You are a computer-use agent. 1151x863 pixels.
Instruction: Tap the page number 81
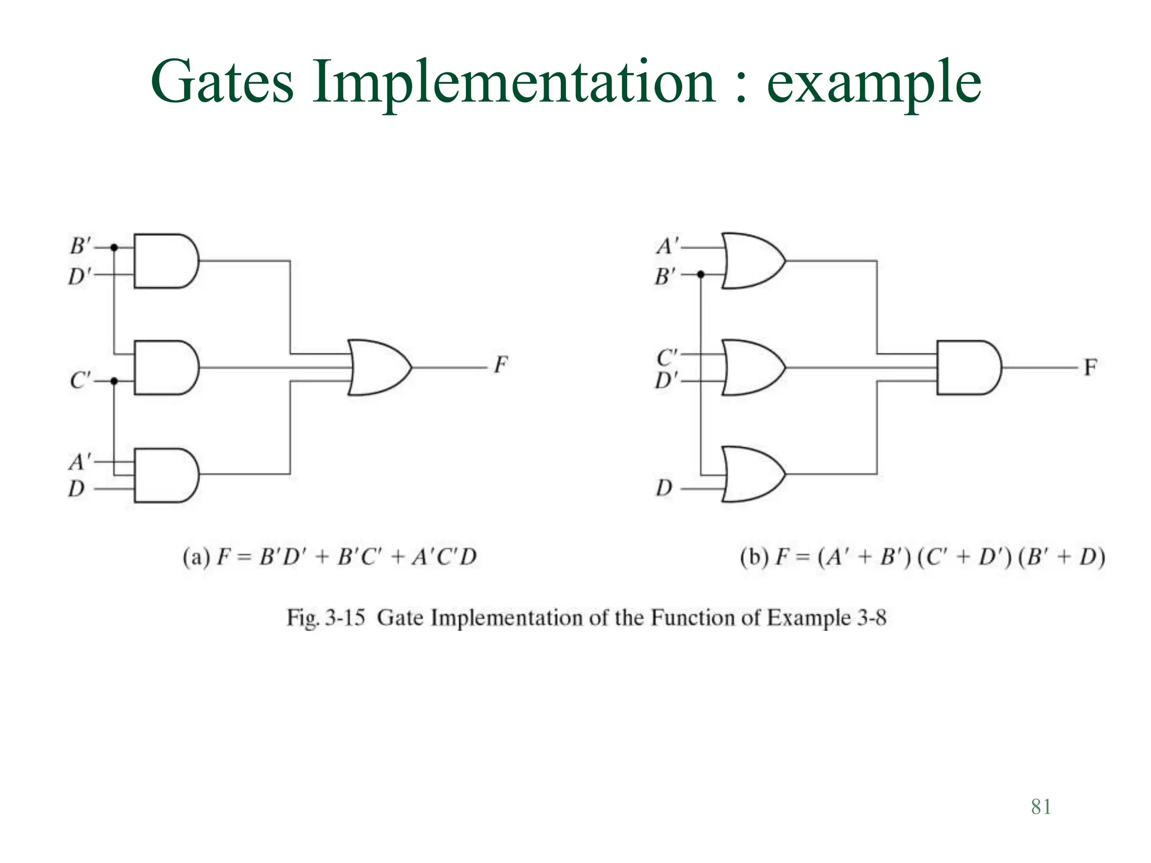(1041, 807)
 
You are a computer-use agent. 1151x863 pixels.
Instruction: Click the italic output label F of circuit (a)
(501, 365)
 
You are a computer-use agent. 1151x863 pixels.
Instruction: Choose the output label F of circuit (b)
(1090, 368)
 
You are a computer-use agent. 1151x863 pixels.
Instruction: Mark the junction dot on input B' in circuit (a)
(114, 247)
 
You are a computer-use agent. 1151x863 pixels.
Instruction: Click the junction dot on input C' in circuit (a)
(114, 381)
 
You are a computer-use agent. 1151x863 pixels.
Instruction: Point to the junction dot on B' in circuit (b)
(701, 274)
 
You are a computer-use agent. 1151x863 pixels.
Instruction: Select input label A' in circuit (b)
(667, 246)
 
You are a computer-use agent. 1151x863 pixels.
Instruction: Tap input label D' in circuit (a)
(79, 276)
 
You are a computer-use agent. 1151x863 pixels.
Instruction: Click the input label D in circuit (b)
(664, 488)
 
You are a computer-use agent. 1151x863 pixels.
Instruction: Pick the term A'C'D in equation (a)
(444, 557)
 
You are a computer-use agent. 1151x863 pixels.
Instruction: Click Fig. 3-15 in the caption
(326, 617)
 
